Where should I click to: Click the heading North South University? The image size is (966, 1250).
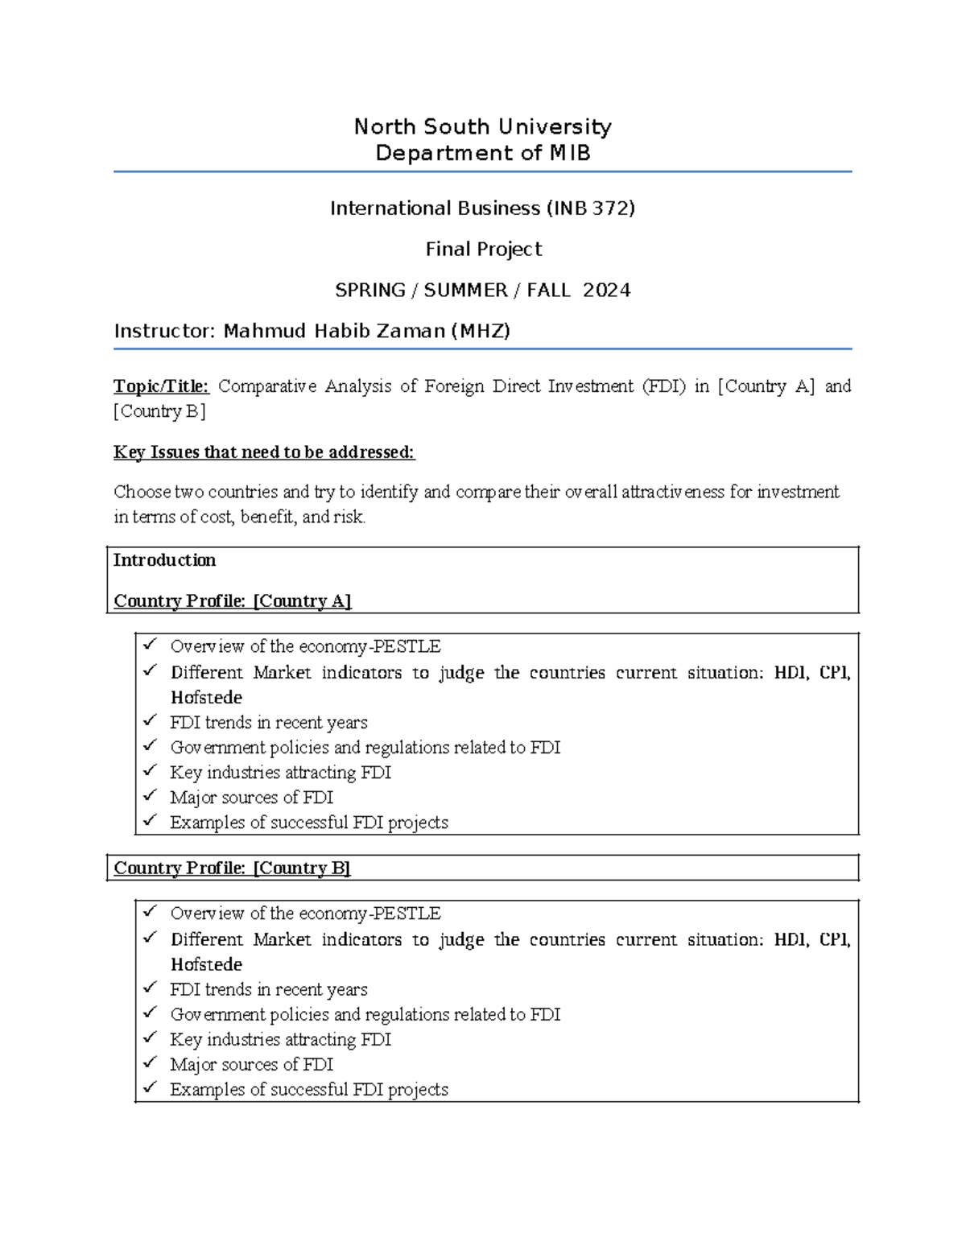483,127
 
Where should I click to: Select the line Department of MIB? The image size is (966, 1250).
483,153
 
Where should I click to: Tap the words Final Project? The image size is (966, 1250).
483,250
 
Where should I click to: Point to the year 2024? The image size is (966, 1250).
606,291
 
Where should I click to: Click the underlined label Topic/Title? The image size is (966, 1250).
161,386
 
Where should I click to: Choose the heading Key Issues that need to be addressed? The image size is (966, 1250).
264,452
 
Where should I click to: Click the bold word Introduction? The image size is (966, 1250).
164,560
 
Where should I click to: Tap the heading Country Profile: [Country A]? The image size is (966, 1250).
233,601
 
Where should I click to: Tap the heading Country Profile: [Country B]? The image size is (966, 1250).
232,868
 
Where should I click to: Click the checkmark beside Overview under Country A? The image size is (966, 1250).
150,646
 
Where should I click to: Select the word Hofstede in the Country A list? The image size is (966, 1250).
206,698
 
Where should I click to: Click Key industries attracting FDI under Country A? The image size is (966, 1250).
280,773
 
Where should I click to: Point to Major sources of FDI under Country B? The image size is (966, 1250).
251,1065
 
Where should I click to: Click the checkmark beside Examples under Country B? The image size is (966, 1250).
150,1088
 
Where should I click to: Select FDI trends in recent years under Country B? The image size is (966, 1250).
269,990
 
